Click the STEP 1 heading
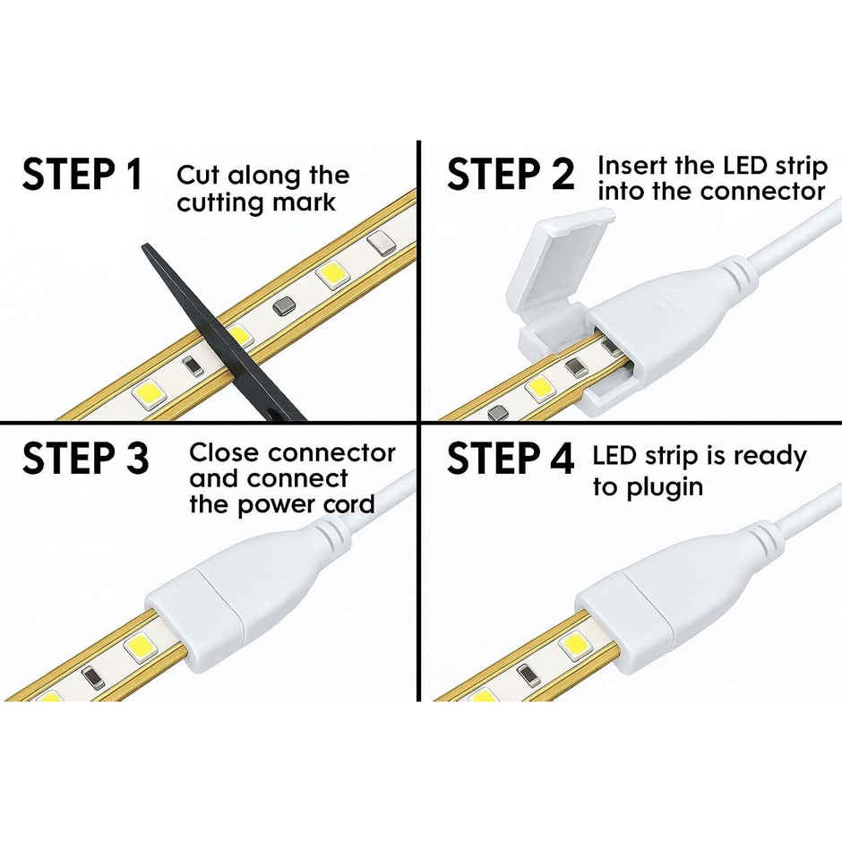(82, 174)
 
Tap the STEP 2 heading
(511, 174)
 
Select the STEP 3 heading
(85, 458)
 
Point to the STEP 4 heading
(511, 458)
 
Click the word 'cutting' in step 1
(220, 203)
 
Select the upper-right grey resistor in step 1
(382, 242)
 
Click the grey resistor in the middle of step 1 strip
(285, 307)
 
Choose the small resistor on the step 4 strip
(528, 675)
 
